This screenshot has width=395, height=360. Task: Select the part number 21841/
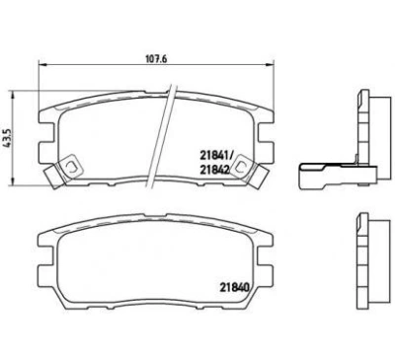click(216, 154)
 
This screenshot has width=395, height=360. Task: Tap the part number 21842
click(214, 170)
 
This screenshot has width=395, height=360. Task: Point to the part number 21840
click(234, 287)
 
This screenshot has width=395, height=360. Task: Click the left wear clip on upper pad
click(63, 170)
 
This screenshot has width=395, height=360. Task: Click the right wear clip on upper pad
click(249, 170)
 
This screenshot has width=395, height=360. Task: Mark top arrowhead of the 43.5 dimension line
click(13, 96)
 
